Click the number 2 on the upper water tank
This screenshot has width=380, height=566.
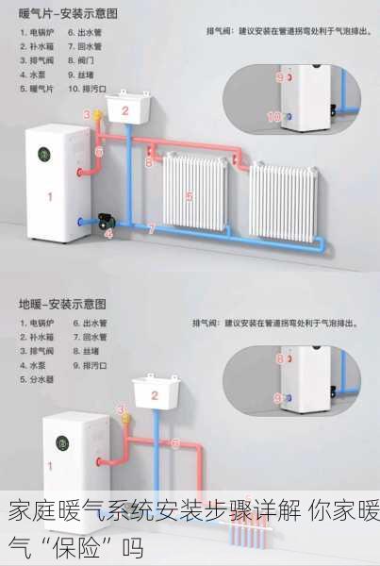[124, 110]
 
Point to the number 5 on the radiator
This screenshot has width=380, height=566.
[190, 196]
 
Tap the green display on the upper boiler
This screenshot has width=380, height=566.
[43, 153]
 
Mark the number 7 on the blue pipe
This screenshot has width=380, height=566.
[151, 229]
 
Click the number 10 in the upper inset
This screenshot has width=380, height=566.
[273, 117]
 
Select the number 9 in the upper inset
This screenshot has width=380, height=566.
[278, 76]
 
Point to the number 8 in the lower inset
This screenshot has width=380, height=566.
[278, 358]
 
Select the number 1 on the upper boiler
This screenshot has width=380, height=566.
[50, 197]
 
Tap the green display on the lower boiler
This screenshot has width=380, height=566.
[63, 441]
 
